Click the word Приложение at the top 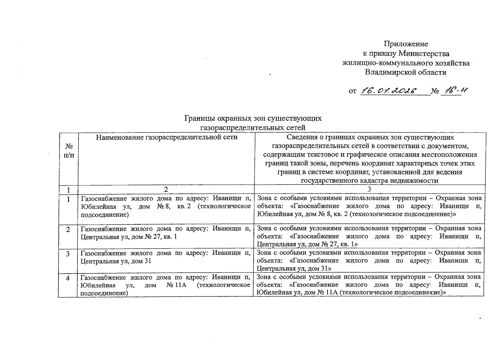click(406, 44)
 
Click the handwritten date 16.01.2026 click(389, 91)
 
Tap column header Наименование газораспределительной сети click(167, 137)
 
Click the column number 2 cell click(166, 189)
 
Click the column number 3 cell click(369, 189)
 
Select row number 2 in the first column click(68, 229)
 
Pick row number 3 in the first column click(68, 254)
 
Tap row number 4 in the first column click(68, 278)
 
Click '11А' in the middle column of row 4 click(180, 285)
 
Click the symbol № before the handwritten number click(435, 91)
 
